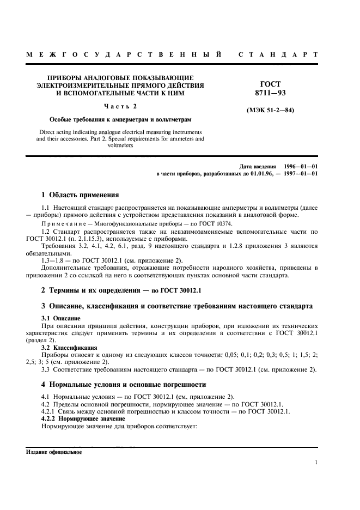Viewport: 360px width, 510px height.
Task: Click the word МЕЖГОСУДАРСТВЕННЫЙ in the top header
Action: coord(123,55)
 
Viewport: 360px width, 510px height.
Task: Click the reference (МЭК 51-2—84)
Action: coord(271,111)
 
